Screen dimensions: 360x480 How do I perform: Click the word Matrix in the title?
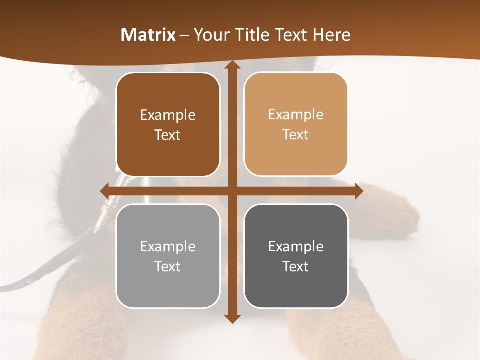coord(148,35)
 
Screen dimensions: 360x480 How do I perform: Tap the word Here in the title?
coord(331,35)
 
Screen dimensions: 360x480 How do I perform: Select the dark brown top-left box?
coord(168,125)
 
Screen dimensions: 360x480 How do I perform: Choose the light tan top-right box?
coord(296,124)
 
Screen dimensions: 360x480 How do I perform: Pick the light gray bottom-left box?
coord(168,256)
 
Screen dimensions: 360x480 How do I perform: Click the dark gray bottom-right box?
coord(296,256)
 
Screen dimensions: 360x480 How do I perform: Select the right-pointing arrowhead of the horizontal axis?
coord(358,191)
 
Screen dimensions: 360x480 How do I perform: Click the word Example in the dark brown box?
coord(168,115)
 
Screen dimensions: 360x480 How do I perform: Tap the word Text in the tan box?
coord(296,135)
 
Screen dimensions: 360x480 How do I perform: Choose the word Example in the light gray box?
coord(168,246)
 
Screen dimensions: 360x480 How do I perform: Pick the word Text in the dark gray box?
coord(296,266)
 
